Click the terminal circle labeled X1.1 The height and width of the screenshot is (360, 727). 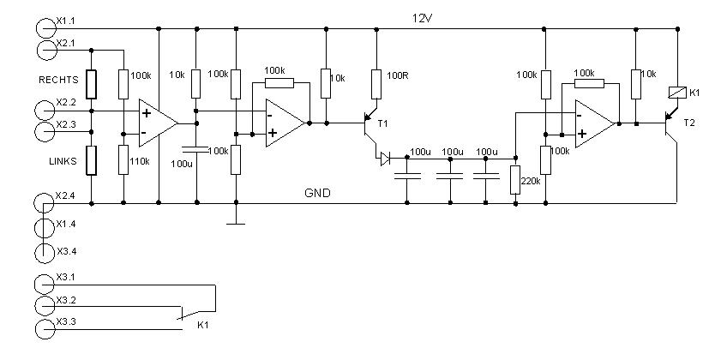tap(45, 27)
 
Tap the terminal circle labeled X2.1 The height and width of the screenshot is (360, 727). tap(46, 50)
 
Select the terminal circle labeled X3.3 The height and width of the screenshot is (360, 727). tap(45, 329)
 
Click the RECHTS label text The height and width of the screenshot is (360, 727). tap(58, 81)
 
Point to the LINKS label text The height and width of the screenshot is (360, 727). tap(63, 162)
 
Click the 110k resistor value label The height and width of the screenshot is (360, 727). tap(141, 161)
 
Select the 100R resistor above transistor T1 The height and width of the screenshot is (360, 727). tap(376, 84)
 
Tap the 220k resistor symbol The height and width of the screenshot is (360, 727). tap(515, 180)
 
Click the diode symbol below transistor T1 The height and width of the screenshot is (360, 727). tap(385, 159)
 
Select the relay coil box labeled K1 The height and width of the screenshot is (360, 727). tap(677, 93)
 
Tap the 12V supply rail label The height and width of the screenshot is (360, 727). tap(424, 19)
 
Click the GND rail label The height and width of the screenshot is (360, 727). tap(317, 193)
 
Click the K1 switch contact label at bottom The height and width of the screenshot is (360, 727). tap(203, 325)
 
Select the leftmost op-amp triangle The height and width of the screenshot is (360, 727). tap(158, 123)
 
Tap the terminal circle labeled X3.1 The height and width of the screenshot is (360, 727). tap(45, 285)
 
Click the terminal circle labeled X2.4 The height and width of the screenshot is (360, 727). tap(45, 203)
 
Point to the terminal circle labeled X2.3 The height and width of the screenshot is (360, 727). tap(45, 132)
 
